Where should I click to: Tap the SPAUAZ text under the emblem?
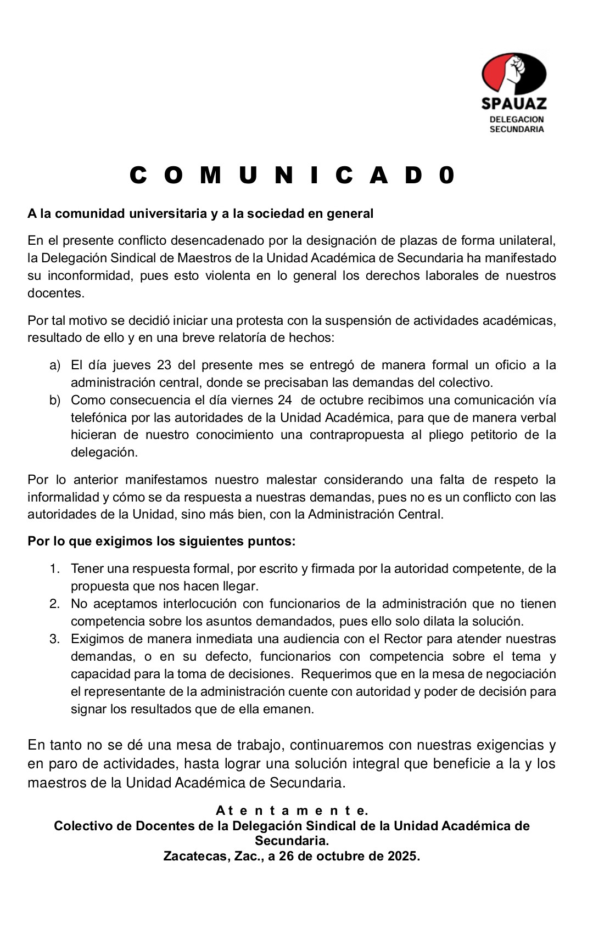click(x=514, y=103)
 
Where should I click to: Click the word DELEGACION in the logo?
click(x=516, y=119)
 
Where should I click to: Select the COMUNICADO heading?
click(x=293, y=176)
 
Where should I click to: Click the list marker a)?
click(x=55, y=365)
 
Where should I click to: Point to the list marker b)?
click(x=55, y=401)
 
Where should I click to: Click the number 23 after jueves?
click(x=164, y=365)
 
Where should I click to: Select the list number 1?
click(x=54, y=569)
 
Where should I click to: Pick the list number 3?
click(x=54, y=639)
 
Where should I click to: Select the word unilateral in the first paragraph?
click(x=527, y=240)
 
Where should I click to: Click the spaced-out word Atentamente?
click(x=292, y=810)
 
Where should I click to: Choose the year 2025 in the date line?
click(x=400, y=857)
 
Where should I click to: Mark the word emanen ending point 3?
click(x=292, y=710)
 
